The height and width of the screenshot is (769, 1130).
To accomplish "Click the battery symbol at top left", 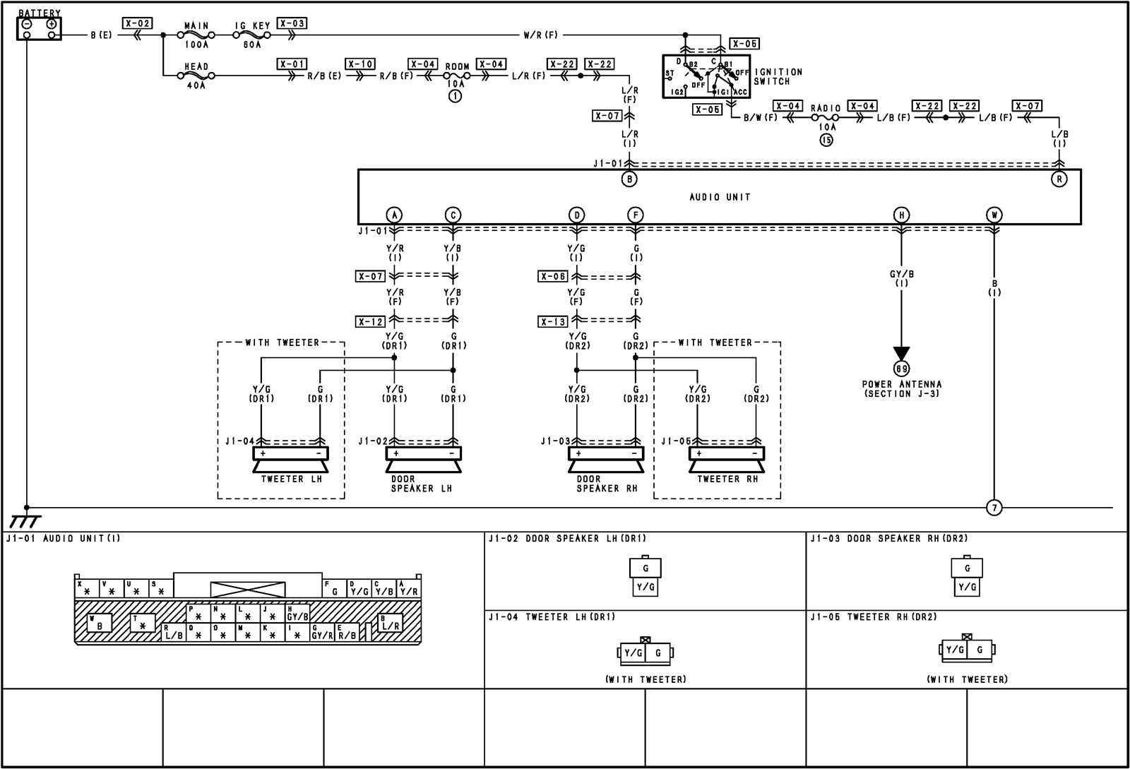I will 39,28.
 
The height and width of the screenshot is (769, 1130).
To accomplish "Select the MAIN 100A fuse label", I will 196,35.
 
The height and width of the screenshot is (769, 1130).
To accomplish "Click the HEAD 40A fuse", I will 196,76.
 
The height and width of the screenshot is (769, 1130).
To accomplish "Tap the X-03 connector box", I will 292,23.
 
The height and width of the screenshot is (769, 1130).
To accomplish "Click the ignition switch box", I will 706,76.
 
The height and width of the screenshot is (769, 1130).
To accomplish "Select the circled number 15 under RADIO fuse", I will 826,140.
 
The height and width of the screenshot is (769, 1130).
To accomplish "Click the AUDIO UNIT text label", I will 720,197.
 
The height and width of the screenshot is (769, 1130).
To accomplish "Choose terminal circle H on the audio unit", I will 901,215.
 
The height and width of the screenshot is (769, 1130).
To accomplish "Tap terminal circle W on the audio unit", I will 994,215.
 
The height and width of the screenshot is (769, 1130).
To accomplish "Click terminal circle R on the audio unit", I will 1059,179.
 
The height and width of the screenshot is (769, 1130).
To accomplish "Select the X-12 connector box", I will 370,321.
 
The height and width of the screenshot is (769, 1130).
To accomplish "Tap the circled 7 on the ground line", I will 994,508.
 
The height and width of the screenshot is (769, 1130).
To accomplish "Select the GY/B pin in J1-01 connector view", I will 297,616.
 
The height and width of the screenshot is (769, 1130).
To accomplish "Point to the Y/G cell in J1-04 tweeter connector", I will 634,653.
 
